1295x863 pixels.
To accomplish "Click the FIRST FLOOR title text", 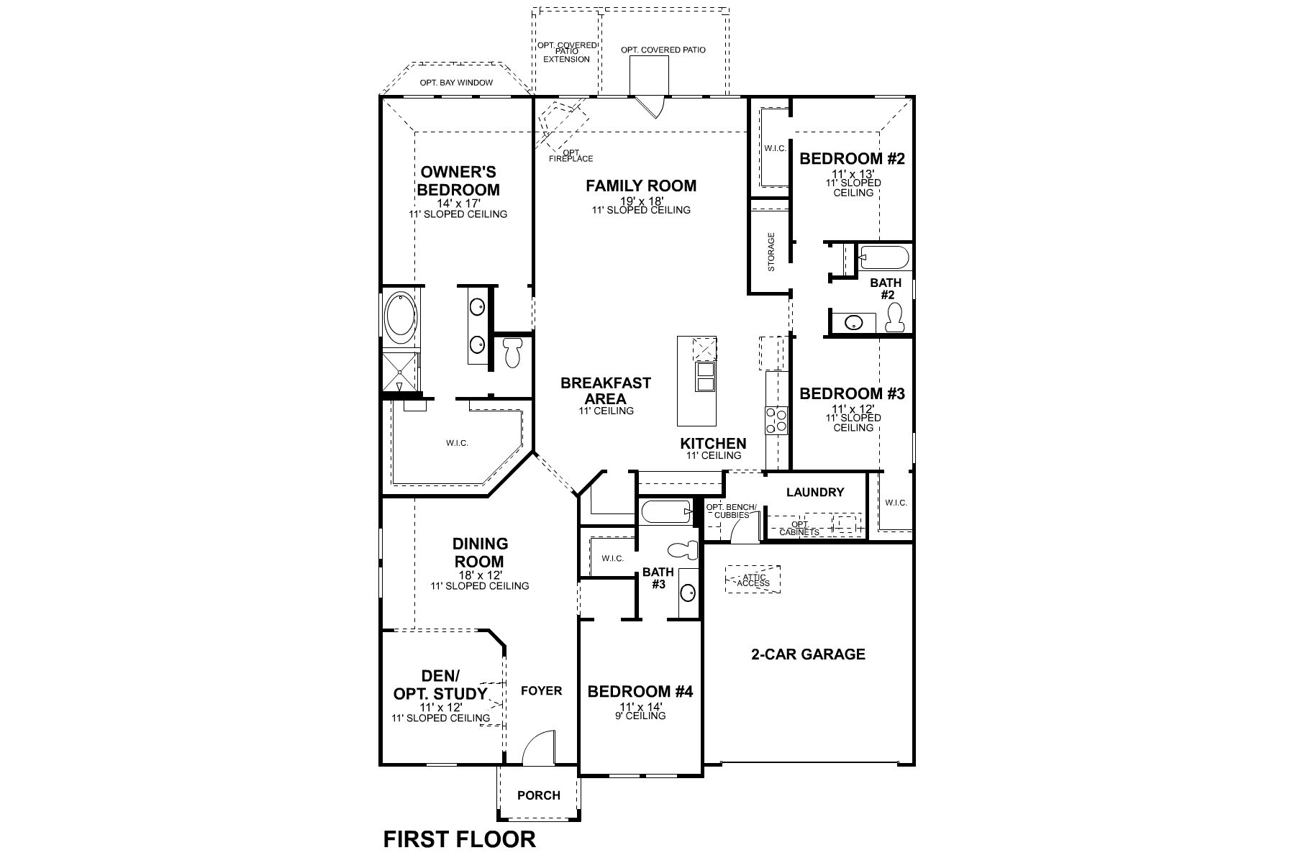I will [459, 839].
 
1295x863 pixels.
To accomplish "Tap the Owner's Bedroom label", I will [458, 181].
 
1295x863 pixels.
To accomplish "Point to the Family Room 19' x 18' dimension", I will [640, 201].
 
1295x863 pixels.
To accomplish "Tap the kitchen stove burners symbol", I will [777, 420].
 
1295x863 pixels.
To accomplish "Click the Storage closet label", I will [771, 251].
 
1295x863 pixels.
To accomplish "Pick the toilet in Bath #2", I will [895, 317].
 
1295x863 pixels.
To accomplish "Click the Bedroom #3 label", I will [852, 393].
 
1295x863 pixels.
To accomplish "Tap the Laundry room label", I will [814, 493].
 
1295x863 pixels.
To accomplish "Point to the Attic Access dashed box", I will [753, 579].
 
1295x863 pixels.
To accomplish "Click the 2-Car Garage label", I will [808, 654].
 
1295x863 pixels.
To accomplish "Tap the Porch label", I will [539, 795].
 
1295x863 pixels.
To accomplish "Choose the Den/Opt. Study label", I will [440, 685].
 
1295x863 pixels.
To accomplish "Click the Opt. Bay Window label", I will [456, 83].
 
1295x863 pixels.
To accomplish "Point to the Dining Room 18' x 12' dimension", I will [479, 575].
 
